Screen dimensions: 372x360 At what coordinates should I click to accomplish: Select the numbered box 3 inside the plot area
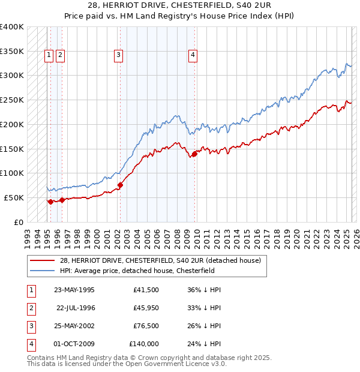click(119, 55)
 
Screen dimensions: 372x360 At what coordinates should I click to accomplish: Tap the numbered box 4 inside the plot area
click(193, 55)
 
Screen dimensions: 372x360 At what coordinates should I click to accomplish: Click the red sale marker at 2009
click(194, 154)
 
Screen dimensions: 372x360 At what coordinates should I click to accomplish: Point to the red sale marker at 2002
click(121, 185)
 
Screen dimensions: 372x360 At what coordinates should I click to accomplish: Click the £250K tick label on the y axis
click(12, 100)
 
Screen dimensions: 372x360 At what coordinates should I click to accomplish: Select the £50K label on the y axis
click(14, 197)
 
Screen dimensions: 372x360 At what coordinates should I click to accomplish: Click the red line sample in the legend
click(43, 261)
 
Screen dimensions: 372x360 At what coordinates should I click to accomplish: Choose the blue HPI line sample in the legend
click(43, 271)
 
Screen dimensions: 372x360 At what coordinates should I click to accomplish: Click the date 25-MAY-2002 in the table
click(74, 326)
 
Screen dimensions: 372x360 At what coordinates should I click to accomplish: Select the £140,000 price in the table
click(144, 344)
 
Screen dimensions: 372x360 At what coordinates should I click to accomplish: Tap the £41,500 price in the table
click(146, 290)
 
